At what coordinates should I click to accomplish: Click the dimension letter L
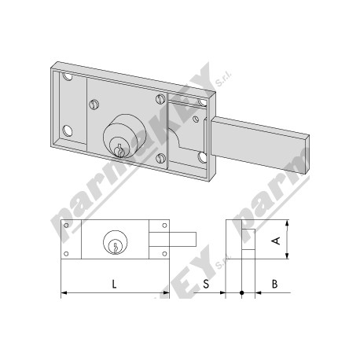coord(114,284)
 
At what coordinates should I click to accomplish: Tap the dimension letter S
coord(206,284)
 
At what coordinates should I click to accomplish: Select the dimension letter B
coord(274,284)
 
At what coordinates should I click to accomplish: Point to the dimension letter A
coord(277,241)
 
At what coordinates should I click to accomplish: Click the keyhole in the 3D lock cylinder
coord(119,150)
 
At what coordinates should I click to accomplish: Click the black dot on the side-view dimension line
coord(241,292)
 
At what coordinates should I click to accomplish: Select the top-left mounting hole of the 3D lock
coord(68,77)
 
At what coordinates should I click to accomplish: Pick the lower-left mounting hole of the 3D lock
coord(68,130)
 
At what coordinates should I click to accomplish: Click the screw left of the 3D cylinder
coord(94,105)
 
